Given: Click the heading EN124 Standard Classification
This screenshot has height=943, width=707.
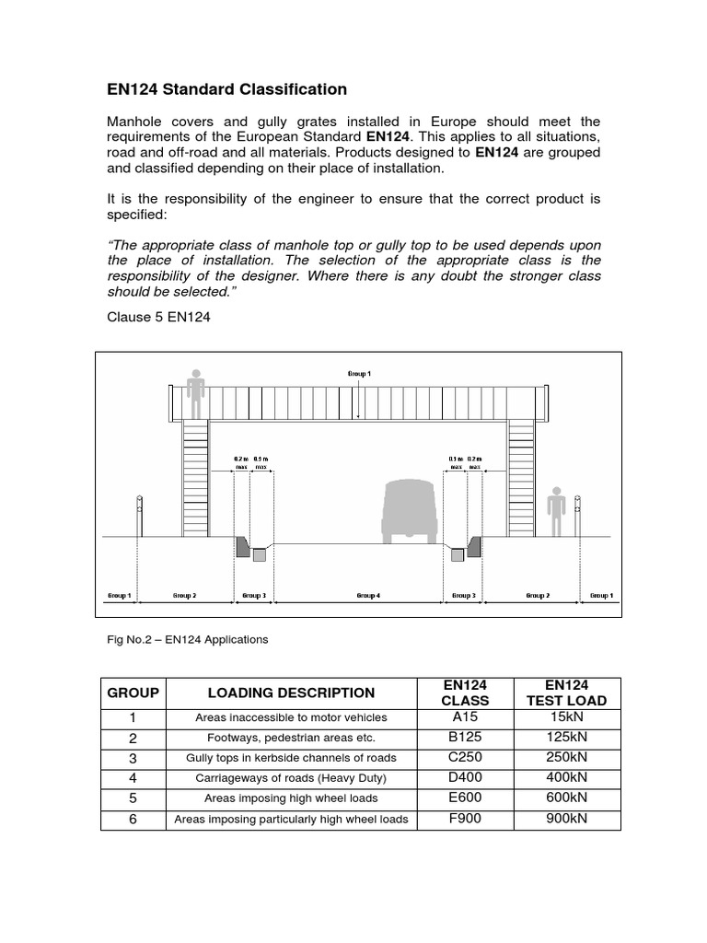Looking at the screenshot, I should pyautogui.click(x=227, y=89).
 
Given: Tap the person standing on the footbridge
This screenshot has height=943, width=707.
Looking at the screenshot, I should pyautogui.click(x=194, y=393).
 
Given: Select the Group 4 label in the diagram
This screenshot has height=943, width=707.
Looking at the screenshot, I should pyautogui.click(x=368, y=596).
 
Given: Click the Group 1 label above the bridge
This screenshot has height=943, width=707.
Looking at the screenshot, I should pyautogui.click(x=359, y=373).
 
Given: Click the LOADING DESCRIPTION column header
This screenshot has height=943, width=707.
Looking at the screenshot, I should pyautogui.click(x=291, y=693).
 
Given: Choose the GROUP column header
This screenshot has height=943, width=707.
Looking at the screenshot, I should pyautogui.click(x=133, y=693).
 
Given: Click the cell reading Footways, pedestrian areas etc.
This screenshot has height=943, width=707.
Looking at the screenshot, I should pyautogui.click(x=291, y=738).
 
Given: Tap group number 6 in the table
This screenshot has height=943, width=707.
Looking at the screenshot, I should pyautogui.click(x=133, y=819).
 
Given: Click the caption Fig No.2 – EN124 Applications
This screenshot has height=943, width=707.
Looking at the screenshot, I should pyautogui.click(x=189, y=639).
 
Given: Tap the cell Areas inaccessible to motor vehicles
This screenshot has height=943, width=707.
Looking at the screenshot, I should pyautogui.click(x=291, y=717).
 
